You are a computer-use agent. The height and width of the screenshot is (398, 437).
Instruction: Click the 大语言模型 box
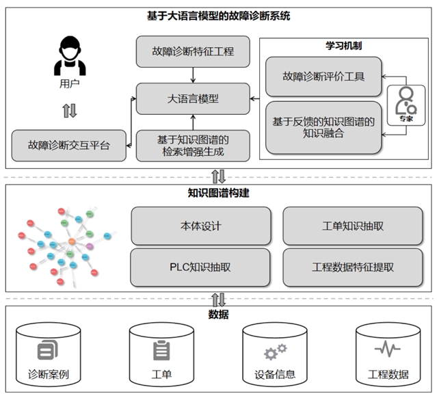[x=193, y=98]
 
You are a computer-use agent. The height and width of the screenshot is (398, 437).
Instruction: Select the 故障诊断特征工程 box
[x=193, y=51]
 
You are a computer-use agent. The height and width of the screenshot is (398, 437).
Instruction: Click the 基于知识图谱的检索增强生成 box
[x=193, y=145]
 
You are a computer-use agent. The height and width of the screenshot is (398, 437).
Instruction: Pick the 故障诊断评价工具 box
[x=323, y=77]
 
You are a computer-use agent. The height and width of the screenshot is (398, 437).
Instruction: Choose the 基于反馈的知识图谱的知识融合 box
[x=323, y=128]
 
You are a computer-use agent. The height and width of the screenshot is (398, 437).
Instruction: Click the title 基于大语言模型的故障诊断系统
[x=219, y=15]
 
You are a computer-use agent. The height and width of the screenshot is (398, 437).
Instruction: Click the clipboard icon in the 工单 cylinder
[x=161, y=350]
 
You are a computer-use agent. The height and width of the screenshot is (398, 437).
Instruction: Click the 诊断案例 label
[x=49, y=375]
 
